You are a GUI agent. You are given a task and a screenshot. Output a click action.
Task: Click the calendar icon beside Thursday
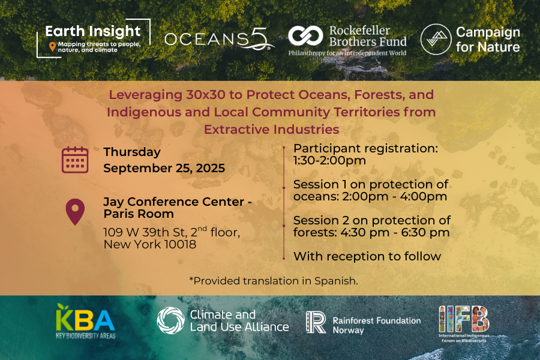(x=75, y=160)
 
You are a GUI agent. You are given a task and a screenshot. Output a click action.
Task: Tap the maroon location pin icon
(x=75, y=212)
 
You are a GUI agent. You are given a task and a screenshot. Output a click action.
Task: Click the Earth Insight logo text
(x=93, y=31)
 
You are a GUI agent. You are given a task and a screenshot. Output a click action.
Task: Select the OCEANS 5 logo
(x=219, y=39)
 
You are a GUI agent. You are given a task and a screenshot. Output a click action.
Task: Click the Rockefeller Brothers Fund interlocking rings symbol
(x=305, y=36)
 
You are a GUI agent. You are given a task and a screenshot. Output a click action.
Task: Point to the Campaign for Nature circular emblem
(x=436, y=39)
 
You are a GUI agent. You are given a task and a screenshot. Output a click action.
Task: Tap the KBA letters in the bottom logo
(x=85, y=317)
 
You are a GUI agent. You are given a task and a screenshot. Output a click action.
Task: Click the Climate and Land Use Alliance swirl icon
(x=171, y=320)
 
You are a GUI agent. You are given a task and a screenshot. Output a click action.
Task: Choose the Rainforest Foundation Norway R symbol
(x=316, y=322)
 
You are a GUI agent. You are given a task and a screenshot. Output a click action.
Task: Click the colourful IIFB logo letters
(x=464, y=319)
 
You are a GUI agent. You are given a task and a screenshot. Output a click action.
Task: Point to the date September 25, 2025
(x=164, y=168)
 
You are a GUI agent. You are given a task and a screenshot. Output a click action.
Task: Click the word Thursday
(x=132, y=152)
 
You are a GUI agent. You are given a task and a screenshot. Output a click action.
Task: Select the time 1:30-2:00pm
(x=329, y=161)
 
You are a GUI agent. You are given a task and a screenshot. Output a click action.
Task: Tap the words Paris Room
(x=139, y=214)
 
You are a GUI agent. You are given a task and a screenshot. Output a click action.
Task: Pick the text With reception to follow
(x=367, y=256)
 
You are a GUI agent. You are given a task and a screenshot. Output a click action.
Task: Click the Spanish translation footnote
(x=274, y=281)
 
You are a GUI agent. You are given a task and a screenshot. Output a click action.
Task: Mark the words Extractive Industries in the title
(x=271, y=130)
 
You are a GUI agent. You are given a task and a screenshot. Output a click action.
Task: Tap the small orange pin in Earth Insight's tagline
(x=52, y=47)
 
